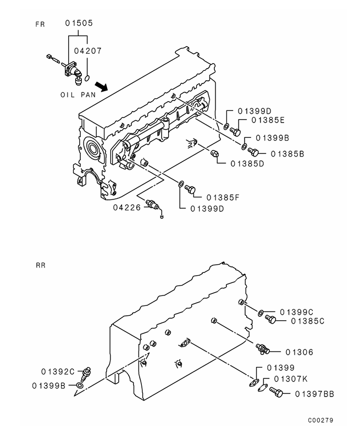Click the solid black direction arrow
coord(101,86)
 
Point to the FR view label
coord(40,24)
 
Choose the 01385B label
coord(284,154)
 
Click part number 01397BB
coord(314,393)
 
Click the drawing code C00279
coord(321,421)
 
